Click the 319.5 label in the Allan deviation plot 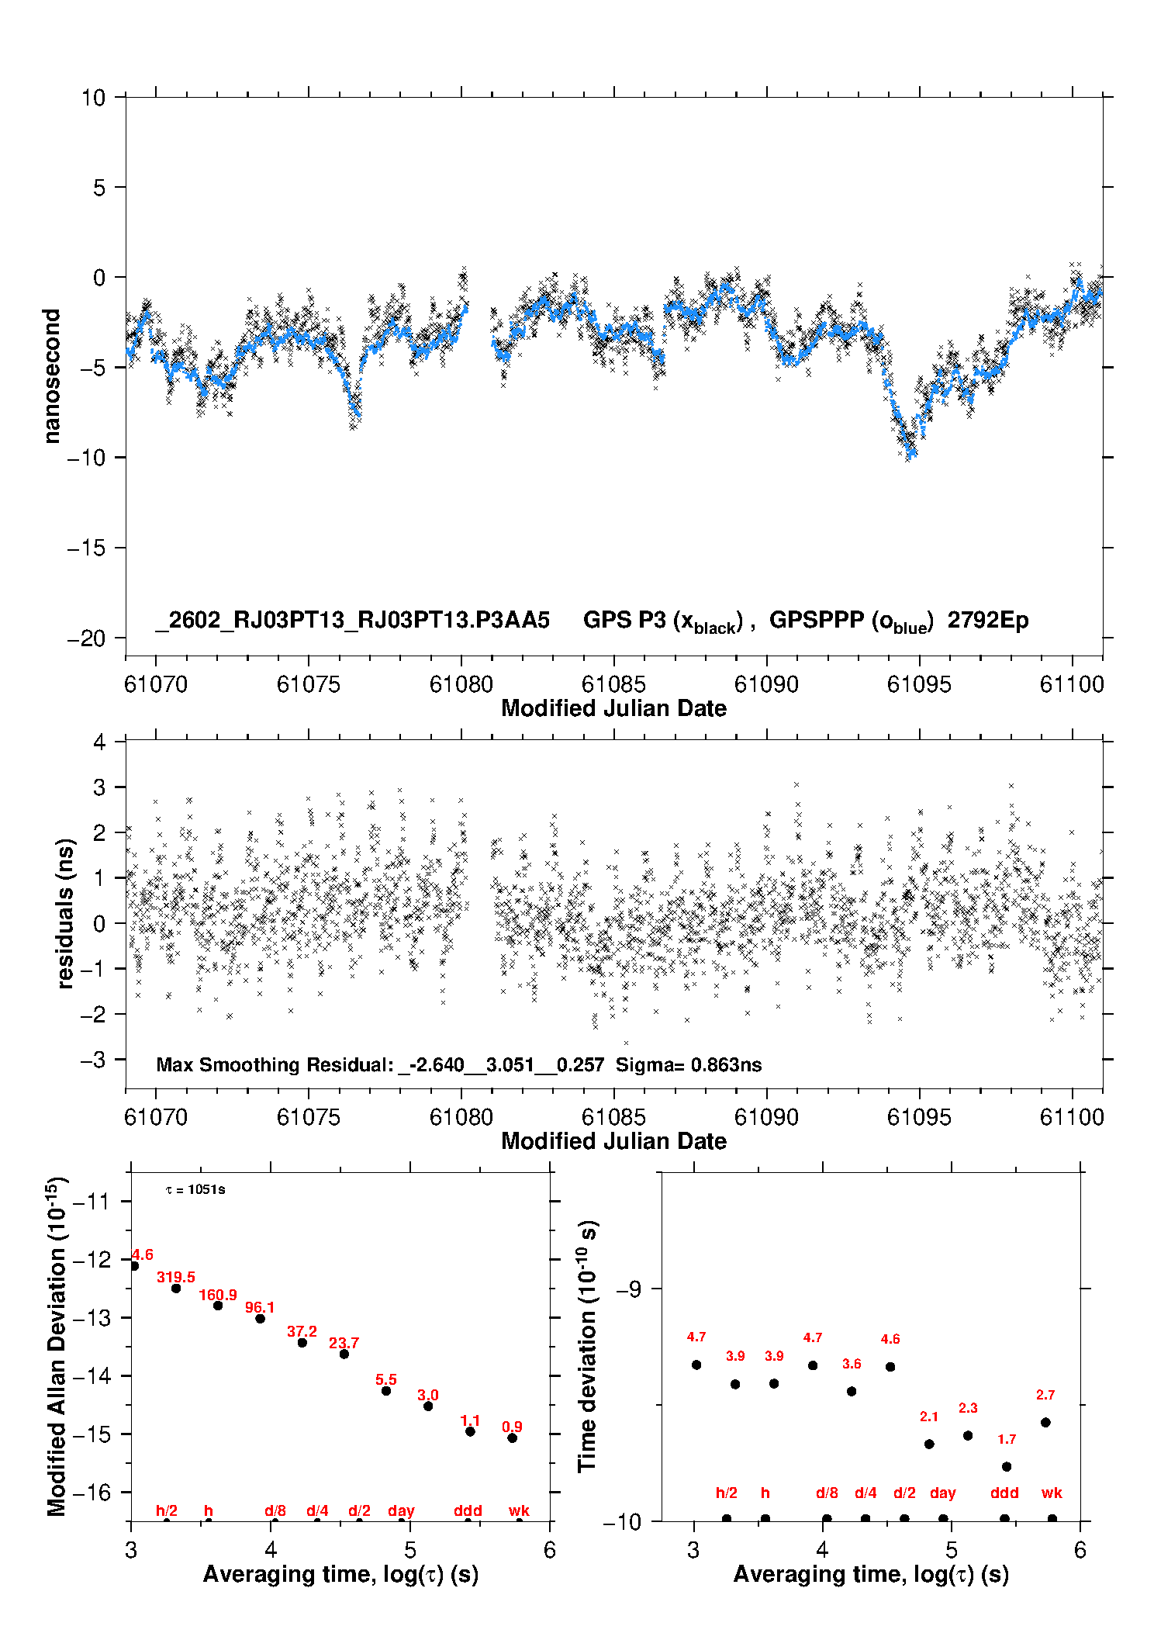(x=176, y=1277)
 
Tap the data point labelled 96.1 (x=261, y=1318)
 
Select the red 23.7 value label (x=344, y=1343)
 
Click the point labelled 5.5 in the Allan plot (x=386, y=1391)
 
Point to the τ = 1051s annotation (x=195, y=1190)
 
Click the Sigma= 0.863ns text (x=689, y=1064)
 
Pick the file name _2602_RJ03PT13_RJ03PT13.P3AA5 (x=353, y=620)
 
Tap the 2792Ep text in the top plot (x=988, y=620)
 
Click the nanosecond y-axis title (x=53, y=376)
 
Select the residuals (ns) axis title (x=66, y=914)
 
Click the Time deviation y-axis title (x=587, y=1347)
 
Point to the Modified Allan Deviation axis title (x=57, y=1346)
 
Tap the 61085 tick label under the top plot (x=613, y=684)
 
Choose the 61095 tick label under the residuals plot (x=919, y=1117)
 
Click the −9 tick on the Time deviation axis (x=629, y=1289)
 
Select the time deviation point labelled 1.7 (x=1007, y=1466)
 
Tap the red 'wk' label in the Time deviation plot (x=1052, y=1493)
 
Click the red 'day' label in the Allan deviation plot (x=401, y=1510)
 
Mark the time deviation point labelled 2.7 (x=1045, y=1422)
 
